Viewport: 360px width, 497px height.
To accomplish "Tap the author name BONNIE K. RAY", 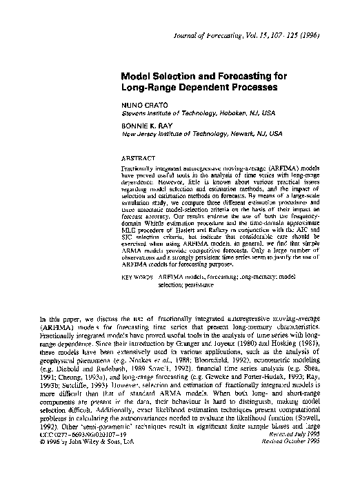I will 148,125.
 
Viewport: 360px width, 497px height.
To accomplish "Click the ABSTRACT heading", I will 137,158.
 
